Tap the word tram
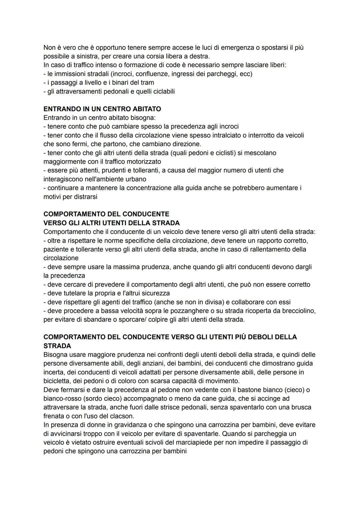(x=147, y=83)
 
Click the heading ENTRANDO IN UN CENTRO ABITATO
(x=102, y=109)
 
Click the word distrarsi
(x=84, y=197)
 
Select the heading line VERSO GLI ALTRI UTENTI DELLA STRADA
(x=112, y=223)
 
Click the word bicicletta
(x=57, y=381)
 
